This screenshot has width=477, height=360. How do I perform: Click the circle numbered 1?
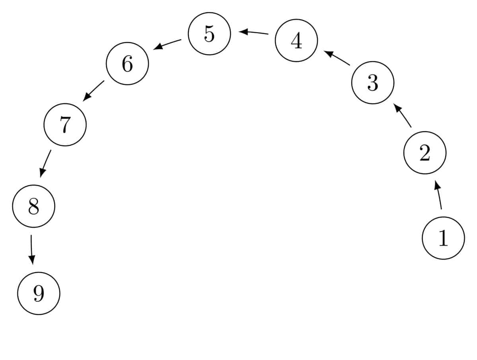coord(443,238)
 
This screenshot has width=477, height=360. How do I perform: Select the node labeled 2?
coord(425,153)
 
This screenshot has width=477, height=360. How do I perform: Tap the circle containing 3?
coord(373,83)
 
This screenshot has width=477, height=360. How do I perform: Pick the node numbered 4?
coord(296,41)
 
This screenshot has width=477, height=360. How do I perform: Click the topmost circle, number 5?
coord(209,34)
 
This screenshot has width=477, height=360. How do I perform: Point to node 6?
coord(127,64)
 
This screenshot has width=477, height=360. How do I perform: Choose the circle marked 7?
coord(65,125)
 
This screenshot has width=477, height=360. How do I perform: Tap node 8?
coord(34,206)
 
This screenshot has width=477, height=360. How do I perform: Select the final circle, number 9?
coord(39,293)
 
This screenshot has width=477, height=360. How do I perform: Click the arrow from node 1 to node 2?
coord(438,195)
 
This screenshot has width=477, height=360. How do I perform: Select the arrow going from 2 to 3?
coord(402,115)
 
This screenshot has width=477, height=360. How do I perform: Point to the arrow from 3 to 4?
coord(337,58)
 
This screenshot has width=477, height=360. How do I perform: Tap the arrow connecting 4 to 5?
coord(253,33)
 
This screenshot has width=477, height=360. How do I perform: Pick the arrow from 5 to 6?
coord(167,44)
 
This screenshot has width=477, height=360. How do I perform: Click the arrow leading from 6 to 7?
coord(93,91)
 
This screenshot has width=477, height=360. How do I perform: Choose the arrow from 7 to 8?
coord(45,163)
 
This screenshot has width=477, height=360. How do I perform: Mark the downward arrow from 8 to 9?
coord(31,249)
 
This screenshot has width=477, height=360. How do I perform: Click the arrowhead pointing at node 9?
coord(32,260)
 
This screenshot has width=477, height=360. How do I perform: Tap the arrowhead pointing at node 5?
coord(243,32)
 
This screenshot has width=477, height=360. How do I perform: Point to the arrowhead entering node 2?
coord(437,185)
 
